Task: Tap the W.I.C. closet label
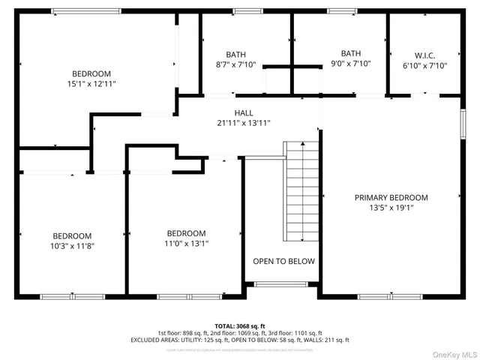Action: pos(425,55)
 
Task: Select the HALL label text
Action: pos(243,113)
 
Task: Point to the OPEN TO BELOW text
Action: pos(283,262)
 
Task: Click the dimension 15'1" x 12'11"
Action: pos(91,84)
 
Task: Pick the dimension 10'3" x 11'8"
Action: pos(72,245)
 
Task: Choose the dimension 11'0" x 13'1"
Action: pos(186,243)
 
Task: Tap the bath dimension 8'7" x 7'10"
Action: pos(235,64)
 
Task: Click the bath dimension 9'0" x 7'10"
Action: pos(350,64)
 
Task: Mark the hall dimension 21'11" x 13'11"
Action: pos(243,123)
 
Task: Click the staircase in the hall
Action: pos(302,191)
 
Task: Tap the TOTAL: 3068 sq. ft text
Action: pos(239,326)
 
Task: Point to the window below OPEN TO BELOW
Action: pos(275,284)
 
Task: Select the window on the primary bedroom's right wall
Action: pos(463,124)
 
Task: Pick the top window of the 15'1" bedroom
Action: pos(85,11)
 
